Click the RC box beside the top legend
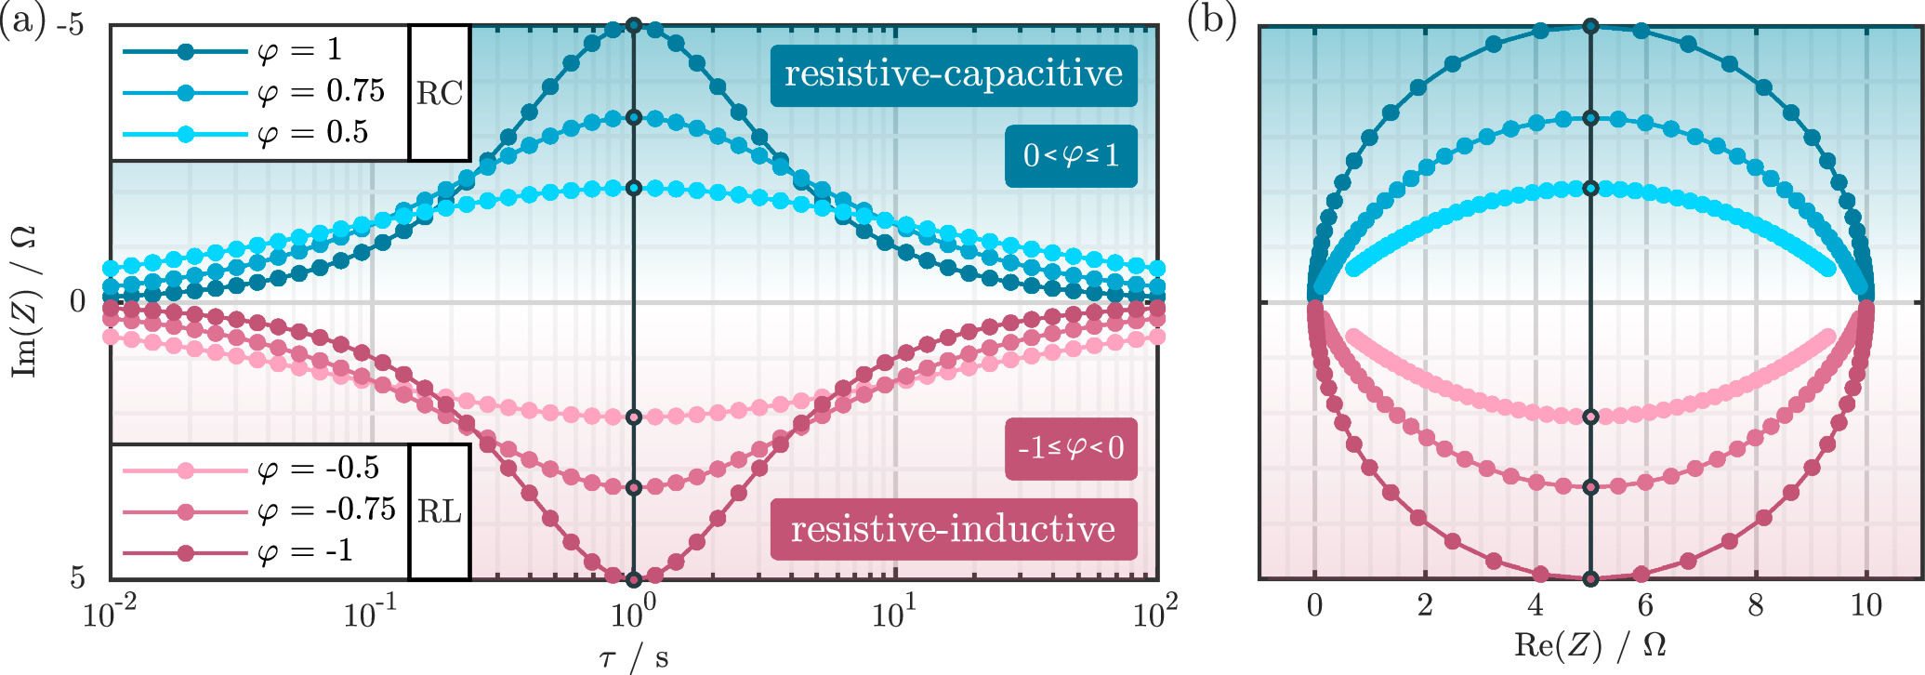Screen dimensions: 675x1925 point(439,93)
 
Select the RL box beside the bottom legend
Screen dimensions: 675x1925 point(439,511)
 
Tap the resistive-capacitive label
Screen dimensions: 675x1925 point(953,74)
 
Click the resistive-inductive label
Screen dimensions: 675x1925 point(953,529)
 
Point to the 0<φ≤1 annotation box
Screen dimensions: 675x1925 point(1071,155)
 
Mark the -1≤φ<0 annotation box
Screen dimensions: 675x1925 point(1071,448)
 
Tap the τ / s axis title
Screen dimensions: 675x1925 point(633,657)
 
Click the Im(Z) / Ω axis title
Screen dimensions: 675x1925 point(24,302)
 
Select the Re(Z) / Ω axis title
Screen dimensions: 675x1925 point(1589,644)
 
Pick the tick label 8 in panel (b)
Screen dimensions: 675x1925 point(1755,606)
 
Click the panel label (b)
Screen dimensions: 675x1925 point(1212,19)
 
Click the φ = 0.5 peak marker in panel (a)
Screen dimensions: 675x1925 point(634,188)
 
